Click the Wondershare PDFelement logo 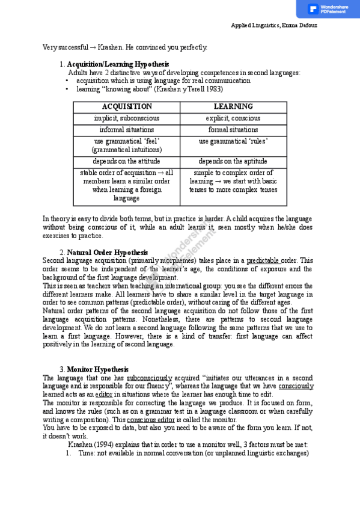tap(328, 9)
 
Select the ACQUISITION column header tap(126, 106)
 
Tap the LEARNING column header tap(233, 106)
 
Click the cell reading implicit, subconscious tap(126, 118)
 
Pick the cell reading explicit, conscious tap(233, 118)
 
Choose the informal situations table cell tap(126, 129)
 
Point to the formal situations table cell tap(233, 129)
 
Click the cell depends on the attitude tap(126, 161)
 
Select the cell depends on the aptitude tap(233, 161)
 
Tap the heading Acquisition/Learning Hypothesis tap(118, 64)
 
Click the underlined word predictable tap(263, 260)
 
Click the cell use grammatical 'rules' tap(233, 141)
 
